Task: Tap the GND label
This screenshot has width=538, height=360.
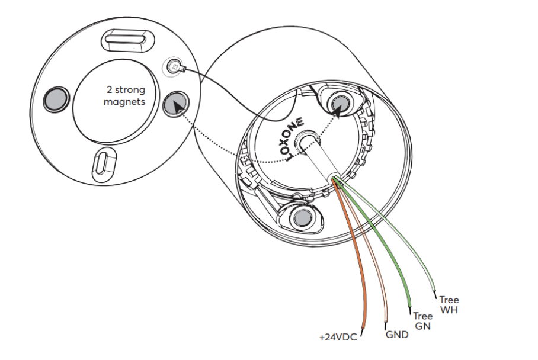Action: [x=397, y=335]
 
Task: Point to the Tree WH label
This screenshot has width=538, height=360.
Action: [x=449, y=305]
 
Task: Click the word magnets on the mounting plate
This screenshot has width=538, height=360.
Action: [x=124, y=102]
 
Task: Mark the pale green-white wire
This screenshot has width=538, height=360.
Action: [x=415, y=249]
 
